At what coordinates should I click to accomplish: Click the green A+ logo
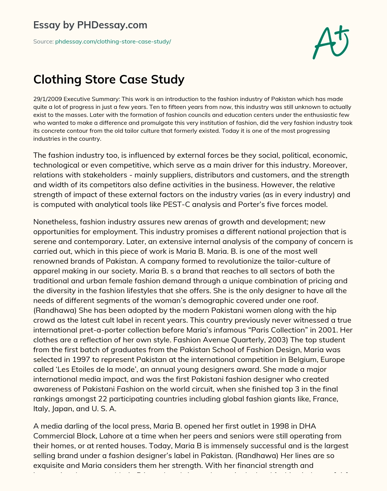click(331, 42)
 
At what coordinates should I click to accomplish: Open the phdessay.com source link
click(113, 42)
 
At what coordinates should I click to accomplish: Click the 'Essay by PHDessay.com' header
click(90, 25)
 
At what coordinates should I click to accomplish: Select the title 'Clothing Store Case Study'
click(109, 79)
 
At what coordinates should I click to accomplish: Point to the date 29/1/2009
click(47, 99)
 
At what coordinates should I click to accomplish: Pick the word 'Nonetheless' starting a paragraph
click(55, 222)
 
